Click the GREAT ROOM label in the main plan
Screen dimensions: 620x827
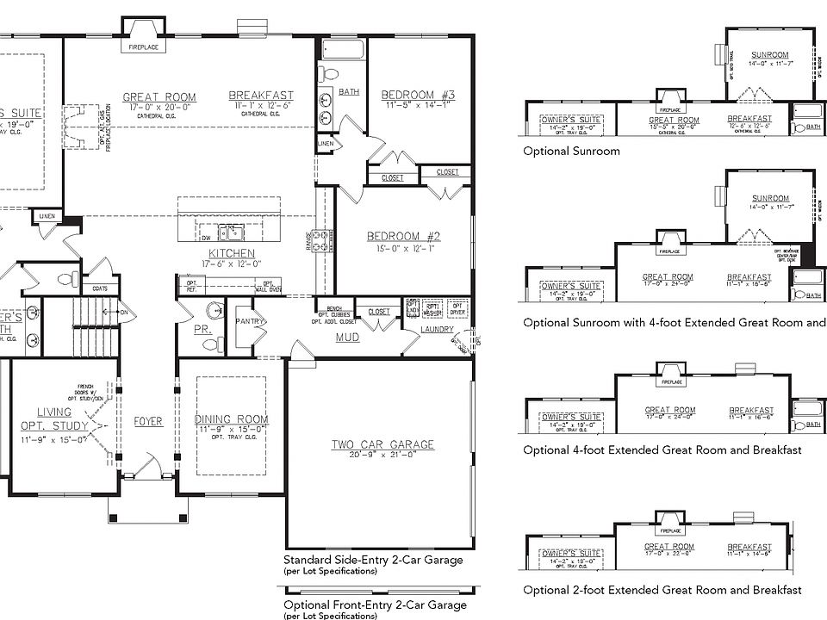[159, 97]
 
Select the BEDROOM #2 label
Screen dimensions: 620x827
[404, 237]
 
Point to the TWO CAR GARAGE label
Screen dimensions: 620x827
[382, 444]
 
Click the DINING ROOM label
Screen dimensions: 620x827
[231, 419]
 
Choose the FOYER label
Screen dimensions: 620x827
[148, 421]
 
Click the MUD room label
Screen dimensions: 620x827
[347, 338]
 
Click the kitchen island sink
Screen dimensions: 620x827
[229, 231]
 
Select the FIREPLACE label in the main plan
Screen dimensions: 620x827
[142, 47]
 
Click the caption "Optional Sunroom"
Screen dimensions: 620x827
[571, 151]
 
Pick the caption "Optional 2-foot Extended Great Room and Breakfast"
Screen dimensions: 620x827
[662, 590]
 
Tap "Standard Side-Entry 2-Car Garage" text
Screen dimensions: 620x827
[373, 560]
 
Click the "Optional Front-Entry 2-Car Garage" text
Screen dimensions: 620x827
[375, 604]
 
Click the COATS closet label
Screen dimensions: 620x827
[100, 288]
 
